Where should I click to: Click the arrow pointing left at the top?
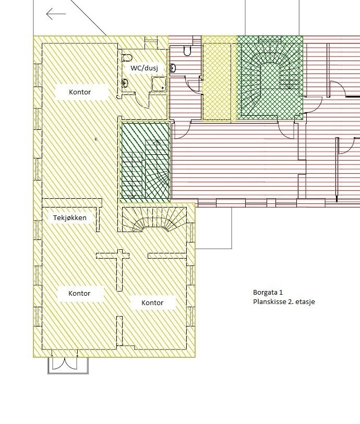tap(56, 14)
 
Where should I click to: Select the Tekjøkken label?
tap(69, 218)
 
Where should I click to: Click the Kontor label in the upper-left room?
tap(80, 92)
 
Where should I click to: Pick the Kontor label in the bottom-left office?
tap(79, 294)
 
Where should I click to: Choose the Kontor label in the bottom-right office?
tap(152, 303)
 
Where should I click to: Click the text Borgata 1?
tap(267, 293)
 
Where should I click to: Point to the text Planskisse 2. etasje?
tap(284, 302)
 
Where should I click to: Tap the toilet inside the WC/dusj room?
tap(127, 57)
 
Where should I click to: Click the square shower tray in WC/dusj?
tap(159, 83)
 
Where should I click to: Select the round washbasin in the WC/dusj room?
tap(125, 82)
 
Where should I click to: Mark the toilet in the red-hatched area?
tap(187, 51)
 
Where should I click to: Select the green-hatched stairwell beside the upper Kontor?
tap(146, 161)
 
